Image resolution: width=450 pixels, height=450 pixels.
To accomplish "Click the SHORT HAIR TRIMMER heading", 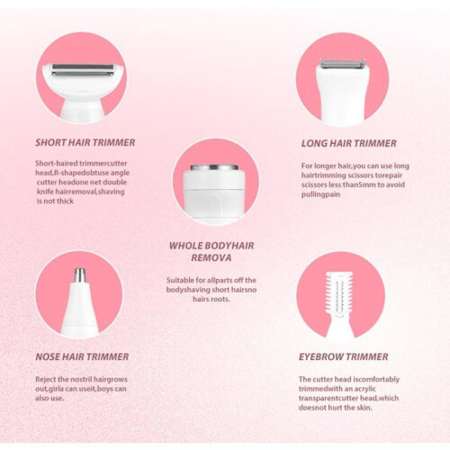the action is [85, 142].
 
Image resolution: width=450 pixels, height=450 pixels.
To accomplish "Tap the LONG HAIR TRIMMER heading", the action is [349, 143].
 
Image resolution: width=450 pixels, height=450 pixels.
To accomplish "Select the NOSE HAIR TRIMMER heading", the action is [82, 356].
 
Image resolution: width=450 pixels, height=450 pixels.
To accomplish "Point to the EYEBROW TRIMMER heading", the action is [344, 356].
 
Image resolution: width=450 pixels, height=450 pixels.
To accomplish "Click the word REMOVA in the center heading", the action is [211, 257].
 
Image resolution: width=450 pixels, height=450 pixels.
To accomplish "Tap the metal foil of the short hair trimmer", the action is [83, 69].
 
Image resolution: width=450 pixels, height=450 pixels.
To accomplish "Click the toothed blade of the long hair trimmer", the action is [343, 63].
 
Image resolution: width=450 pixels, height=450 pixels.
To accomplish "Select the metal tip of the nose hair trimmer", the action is [80, 275].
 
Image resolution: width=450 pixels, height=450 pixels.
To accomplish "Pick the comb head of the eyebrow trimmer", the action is [339, 295].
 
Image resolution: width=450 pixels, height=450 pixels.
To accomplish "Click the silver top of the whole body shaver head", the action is [214, 167].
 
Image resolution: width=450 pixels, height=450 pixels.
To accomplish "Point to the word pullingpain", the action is [320, 194].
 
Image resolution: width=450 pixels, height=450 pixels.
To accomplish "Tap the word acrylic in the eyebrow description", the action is [364, 389].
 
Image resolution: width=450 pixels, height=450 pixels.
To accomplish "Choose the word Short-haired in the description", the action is [56, 164].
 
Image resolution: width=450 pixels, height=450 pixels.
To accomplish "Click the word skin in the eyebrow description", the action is [364, 408].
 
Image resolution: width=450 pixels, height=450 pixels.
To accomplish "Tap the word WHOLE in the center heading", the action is [183, 246].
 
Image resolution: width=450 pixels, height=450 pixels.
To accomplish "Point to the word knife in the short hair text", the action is [45, 192].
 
